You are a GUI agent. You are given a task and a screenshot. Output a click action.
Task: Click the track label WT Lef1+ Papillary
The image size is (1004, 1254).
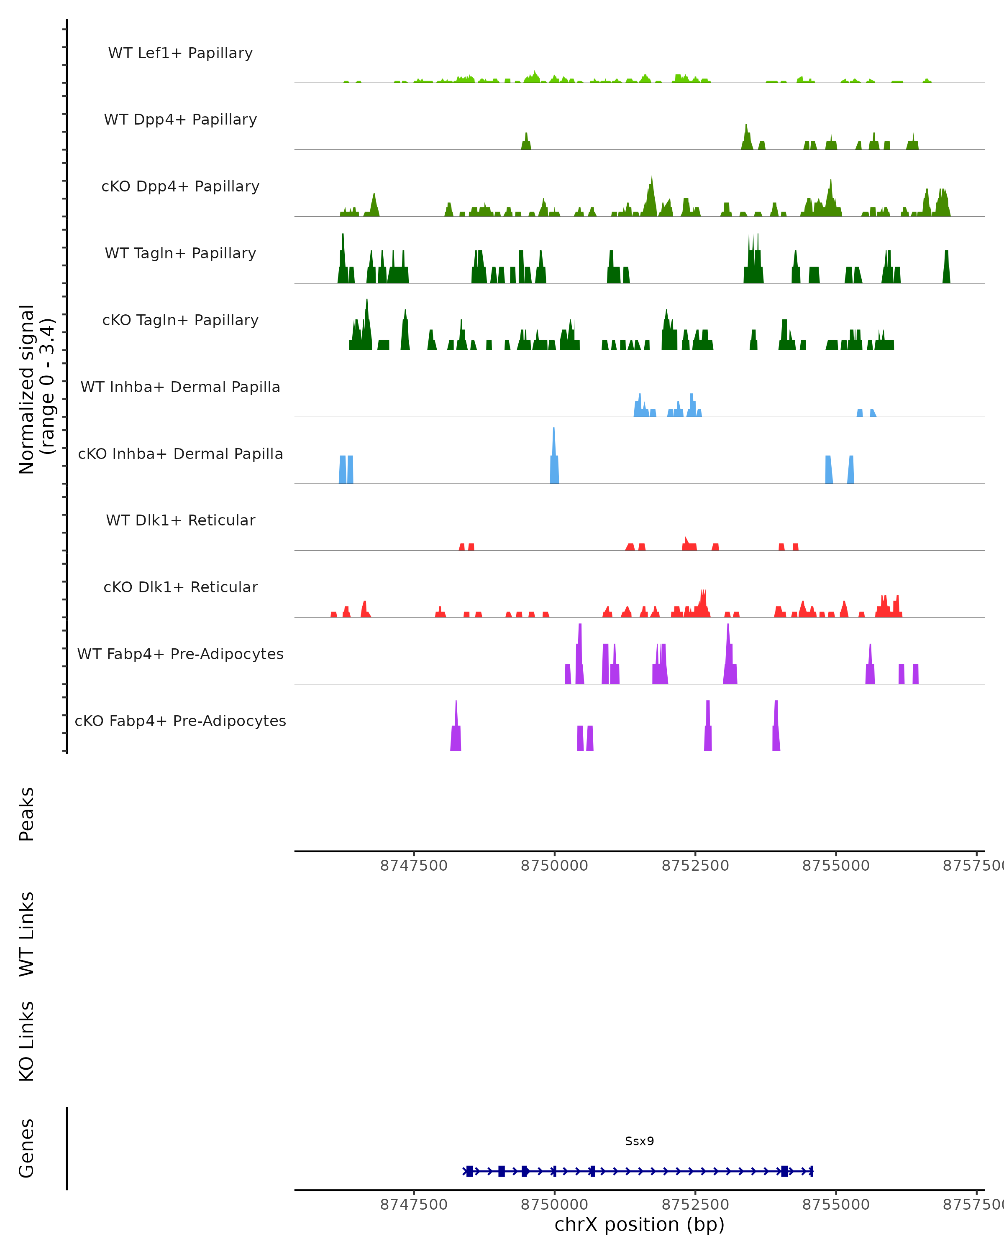[180, 53]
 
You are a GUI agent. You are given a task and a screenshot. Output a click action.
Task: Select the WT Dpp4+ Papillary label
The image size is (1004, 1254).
[180, 120]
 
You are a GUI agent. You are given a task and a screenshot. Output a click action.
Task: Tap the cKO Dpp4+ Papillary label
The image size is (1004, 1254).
[180, 187]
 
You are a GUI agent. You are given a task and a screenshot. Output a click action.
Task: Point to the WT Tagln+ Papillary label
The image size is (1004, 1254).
[180, 254]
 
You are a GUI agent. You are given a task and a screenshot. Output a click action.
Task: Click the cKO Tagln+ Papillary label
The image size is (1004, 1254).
[180, 321]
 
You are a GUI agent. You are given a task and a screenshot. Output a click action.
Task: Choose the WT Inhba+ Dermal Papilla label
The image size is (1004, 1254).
[180, 387]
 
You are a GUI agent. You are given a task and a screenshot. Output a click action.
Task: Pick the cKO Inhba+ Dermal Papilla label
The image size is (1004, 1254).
[180, 454]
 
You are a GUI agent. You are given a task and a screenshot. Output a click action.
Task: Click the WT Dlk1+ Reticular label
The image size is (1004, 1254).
[180, 520]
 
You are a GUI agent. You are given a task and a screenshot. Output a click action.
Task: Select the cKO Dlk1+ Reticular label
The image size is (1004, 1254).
[180, 587]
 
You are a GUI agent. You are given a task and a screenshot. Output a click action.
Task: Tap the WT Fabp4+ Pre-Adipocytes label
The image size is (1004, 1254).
[180, 654]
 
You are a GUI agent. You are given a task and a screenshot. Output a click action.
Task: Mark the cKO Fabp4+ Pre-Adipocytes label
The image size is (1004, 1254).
[180, 721]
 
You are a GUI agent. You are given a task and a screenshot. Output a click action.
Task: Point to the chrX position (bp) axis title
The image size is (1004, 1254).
[639, 1224]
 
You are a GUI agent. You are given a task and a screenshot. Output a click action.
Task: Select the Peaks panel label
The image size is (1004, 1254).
[27, 814]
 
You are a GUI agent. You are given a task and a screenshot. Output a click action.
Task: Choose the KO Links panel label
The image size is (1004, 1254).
[27, 1042]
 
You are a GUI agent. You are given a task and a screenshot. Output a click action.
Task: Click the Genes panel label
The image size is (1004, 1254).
[27, 1148]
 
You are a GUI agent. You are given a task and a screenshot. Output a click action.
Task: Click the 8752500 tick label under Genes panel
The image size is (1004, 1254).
[695, 1205]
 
